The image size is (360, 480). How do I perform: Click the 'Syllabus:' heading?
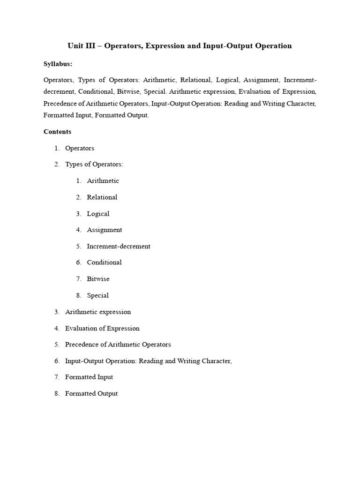pos(58,63)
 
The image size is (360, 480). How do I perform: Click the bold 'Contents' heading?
pos(57,132)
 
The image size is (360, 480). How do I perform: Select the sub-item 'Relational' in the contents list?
pos(102,197)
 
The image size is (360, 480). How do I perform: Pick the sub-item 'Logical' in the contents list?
pos(98,214)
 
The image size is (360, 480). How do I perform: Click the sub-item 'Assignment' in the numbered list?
pos(104,230)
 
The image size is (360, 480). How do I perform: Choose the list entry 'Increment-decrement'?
pos(118,246)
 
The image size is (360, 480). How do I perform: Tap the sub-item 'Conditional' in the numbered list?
pos(104,262)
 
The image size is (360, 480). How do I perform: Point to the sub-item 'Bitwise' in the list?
pos(98,279)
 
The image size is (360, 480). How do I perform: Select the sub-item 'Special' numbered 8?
pos(97,295)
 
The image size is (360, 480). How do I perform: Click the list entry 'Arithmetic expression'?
pos(98,312)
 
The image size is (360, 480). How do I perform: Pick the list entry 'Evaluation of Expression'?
pos(102,328)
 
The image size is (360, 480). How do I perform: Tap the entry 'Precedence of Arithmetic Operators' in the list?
pos(118,345)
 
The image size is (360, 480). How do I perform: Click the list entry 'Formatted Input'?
pos(89,377)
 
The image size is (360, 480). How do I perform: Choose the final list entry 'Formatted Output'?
pos(91,393)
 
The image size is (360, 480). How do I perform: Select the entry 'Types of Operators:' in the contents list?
pos(94,165)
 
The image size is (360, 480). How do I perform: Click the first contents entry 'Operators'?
pos(80,148)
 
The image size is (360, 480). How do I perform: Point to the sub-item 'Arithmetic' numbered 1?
pos(103,181)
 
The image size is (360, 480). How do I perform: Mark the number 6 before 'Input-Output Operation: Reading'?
pos(56,361)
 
